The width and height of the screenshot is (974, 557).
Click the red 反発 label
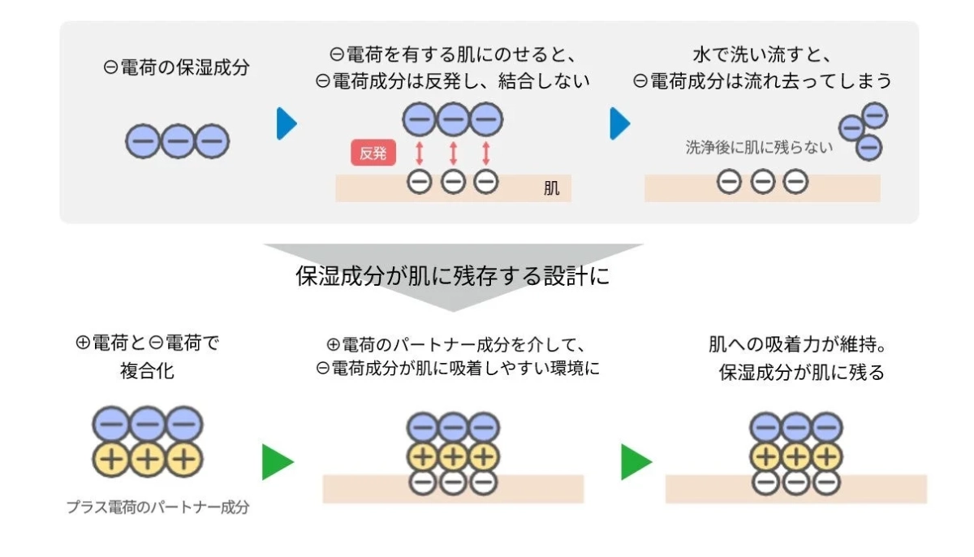373,153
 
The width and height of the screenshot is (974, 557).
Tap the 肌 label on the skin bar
552,189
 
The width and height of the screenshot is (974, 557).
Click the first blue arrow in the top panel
287,123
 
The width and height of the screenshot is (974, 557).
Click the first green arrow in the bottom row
277,462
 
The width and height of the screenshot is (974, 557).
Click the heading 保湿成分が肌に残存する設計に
452,276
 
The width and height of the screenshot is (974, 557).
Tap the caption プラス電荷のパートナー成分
157,507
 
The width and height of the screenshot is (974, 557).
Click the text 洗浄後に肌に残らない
759,148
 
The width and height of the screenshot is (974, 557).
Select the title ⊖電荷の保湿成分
176,68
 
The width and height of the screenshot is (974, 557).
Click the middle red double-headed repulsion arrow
453,153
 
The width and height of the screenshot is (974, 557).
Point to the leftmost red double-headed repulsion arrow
420,153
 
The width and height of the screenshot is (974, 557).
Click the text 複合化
147,371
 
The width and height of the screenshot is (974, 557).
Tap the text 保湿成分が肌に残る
801,373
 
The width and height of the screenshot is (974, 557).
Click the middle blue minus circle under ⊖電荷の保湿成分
177,142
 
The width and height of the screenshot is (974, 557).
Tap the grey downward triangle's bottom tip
452,309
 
